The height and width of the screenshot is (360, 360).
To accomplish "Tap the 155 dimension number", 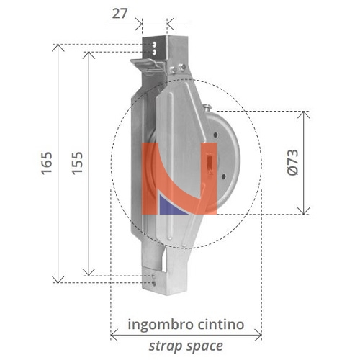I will (x=77, y=164).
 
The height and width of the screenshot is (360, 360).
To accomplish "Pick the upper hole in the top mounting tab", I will (x=155, y=44).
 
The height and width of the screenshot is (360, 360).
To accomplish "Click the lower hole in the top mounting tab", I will (x=155, y=52).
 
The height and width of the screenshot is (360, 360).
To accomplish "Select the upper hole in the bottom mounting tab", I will (x=153, y=274).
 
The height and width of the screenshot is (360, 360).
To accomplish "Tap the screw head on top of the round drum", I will (x=207, y=109).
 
